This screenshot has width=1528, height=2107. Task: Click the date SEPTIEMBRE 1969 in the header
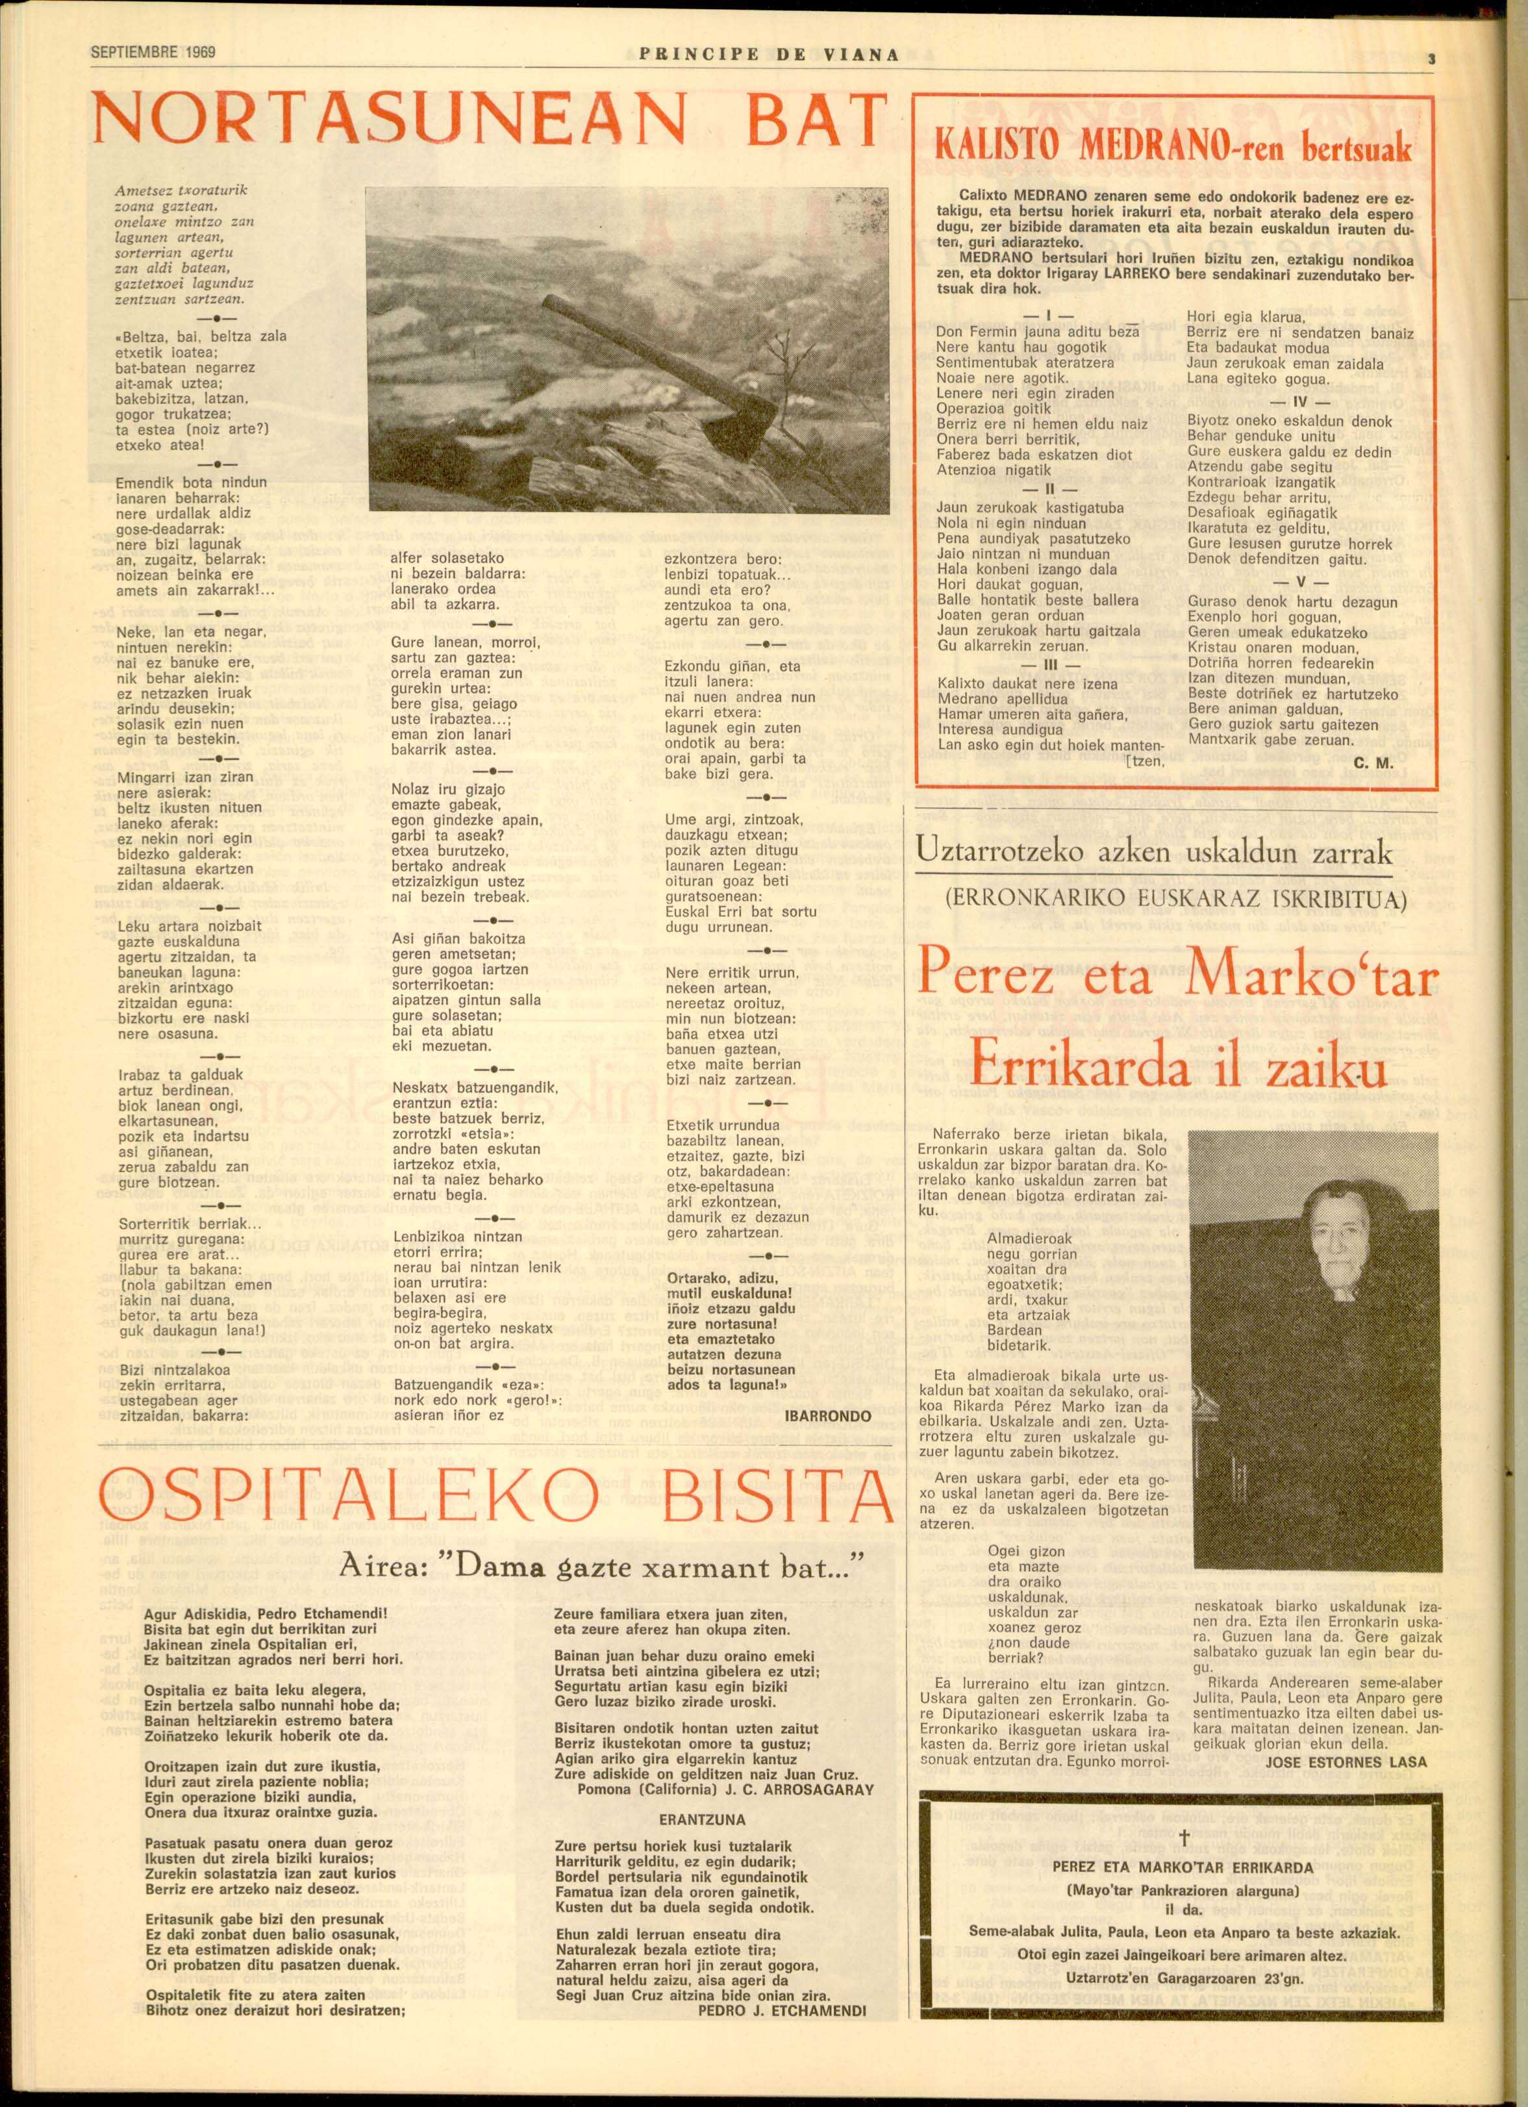coord(153,53)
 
